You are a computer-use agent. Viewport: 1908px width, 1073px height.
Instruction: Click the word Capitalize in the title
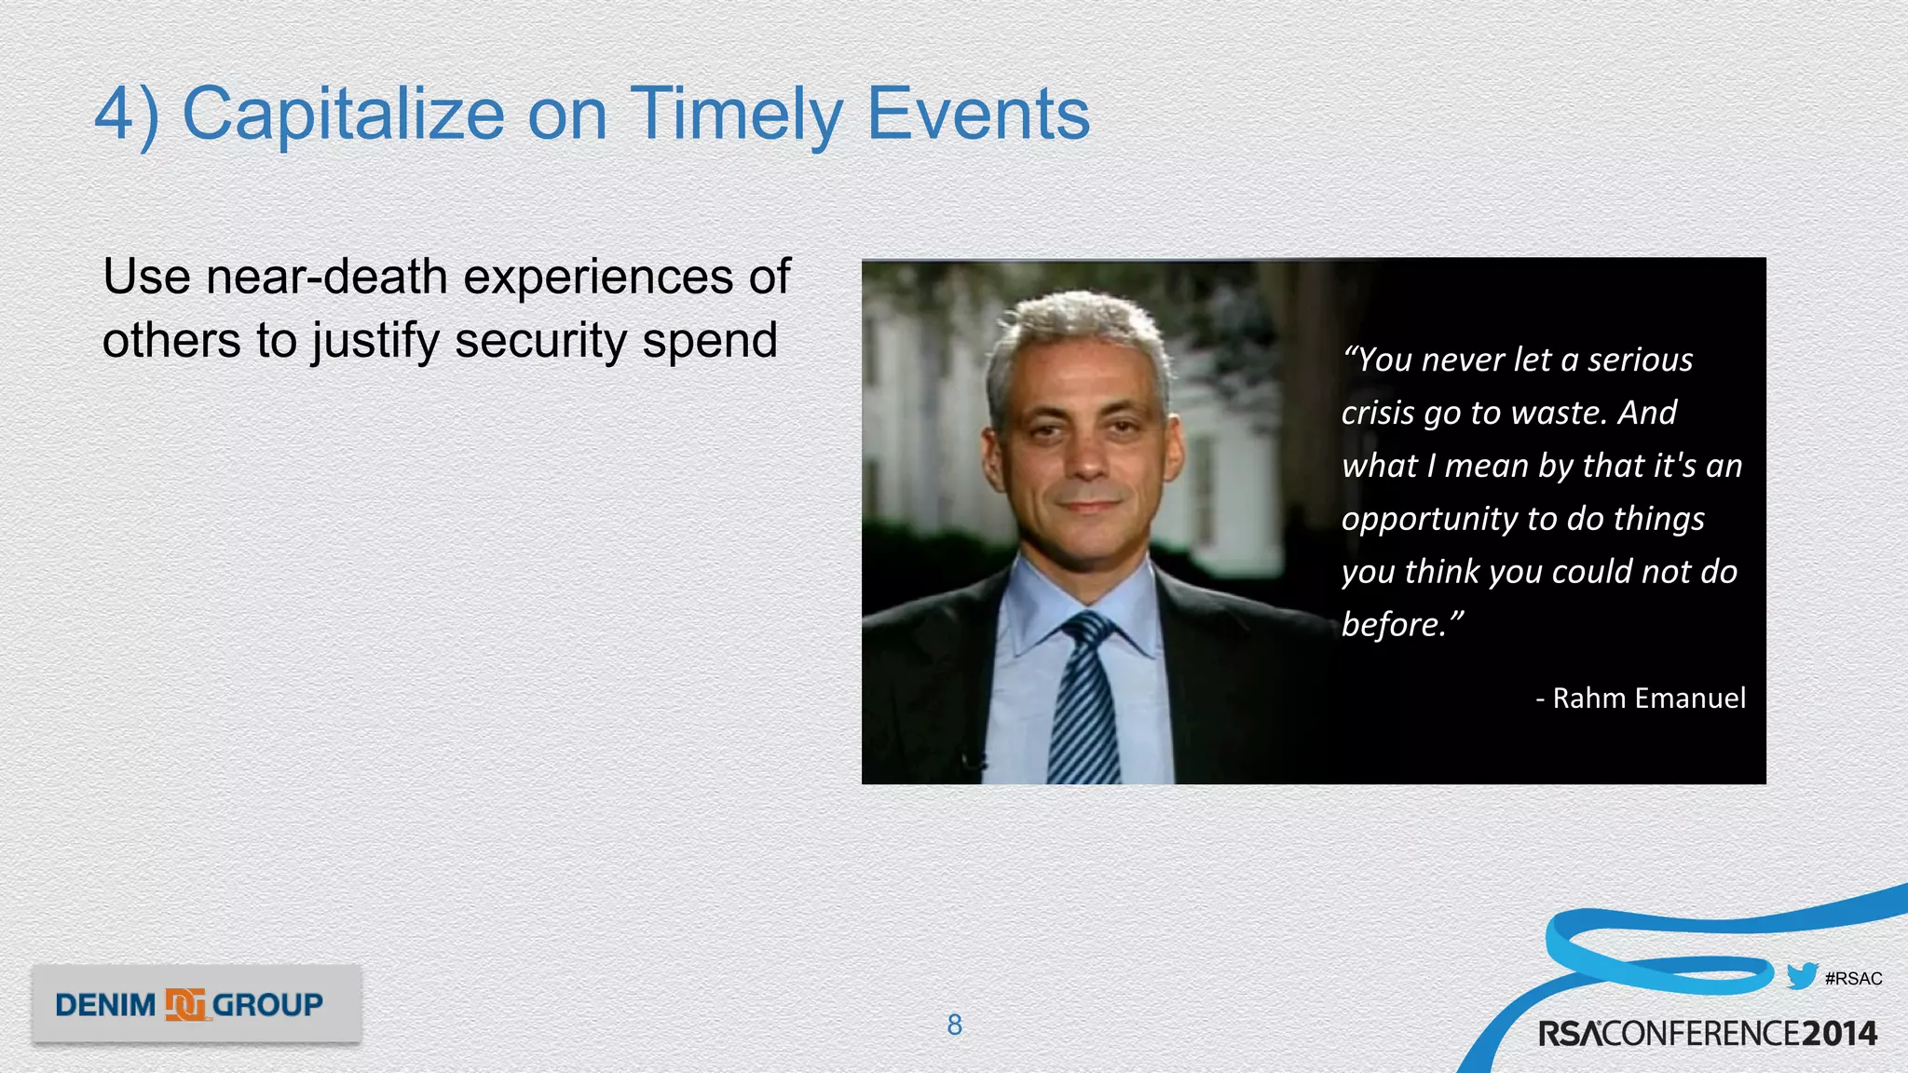coord(343,115)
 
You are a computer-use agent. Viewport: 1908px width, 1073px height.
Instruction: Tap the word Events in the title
coord(978,115)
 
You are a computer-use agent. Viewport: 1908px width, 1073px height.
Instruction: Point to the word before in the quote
coord(1391,625)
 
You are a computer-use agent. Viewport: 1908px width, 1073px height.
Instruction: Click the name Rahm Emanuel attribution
coord(1648,698)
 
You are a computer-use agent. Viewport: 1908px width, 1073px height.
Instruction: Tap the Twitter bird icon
coord(1802,975)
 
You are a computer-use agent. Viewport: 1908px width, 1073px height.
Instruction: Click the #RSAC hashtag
coord(1853,979)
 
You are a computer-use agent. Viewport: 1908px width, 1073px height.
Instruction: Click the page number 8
coord(954,1025)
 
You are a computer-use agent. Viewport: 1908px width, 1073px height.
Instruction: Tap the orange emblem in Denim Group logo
coord(184,1004)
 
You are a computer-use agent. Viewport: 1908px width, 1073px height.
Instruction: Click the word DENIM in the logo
coord(105,1005)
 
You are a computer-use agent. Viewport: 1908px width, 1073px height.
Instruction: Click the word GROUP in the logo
coord(267,1005)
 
